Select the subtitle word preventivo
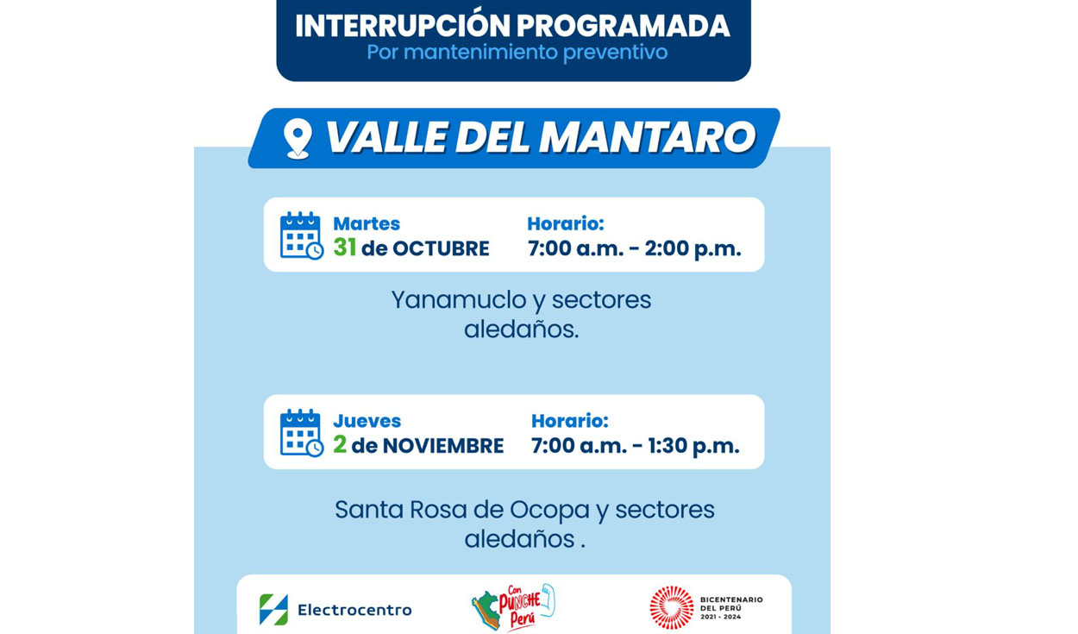(x=615, y=53)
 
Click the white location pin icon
(x=298, y=138)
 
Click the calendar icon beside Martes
(x=301, y=235)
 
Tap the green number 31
(x=345, y=248)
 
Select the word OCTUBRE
(x=441, y=249)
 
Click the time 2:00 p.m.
(x=693, y=249)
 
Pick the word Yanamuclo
(x=459, y=301)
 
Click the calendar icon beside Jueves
(x=301, y=433)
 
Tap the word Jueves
(x=367, y=421)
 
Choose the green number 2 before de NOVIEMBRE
(x=340, y=445)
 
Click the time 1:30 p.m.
(x=693, y=446)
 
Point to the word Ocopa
(x=550, y=511)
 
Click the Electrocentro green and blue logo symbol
(x=273, y=610)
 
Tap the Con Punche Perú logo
(x=513, y=606)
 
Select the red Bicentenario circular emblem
(x=671, y=607)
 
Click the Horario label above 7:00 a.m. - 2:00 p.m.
(x=566, y=224)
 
